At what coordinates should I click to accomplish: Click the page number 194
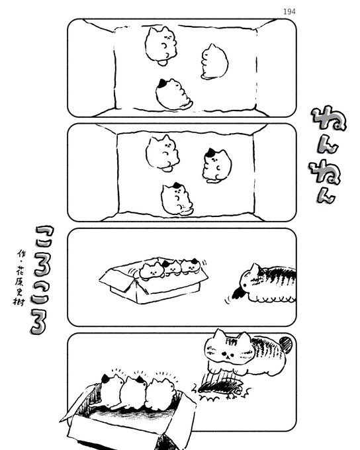[x=289, y=11]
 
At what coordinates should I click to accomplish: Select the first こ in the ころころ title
[x=45, y=236]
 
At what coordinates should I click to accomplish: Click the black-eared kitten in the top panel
[x=173, y=94]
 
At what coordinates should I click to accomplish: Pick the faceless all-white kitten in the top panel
[x=214, y=62]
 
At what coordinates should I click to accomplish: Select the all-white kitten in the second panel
[x=163, y=153]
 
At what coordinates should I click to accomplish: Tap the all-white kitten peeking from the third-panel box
[x=152, y=271]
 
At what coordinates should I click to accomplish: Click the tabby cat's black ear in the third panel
[x=238, y=292]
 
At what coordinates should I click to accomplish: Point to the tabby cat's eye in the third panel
[x=245, y=285]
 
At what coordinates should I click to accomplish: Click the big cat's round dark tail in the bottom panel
[x=286, y=344]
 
